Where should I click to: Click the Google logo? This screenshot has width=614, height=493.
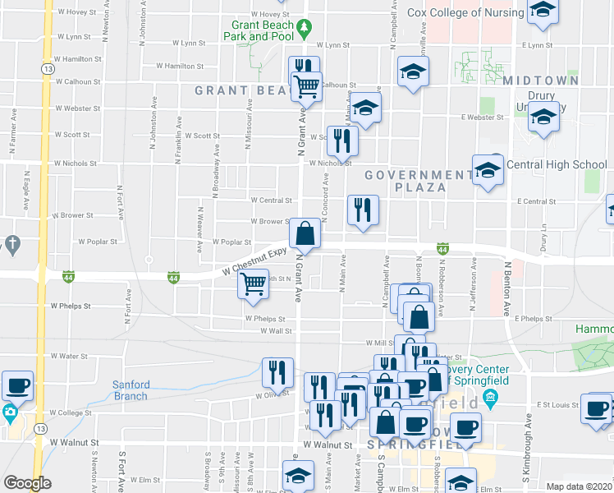[28, 483]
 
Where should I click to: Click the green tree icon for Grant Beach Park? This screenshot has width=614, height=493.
[304, 28]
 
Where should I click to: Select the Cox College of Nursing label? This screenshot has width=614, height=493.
[466, 12]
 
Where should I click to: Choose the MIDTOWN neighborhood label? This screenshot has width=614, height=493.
[541, 81]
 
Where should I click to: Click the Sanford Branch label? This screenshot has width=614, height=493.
[131, 390]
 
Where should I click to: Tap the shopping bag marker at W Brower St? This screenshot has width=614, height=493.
[305, 233]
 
